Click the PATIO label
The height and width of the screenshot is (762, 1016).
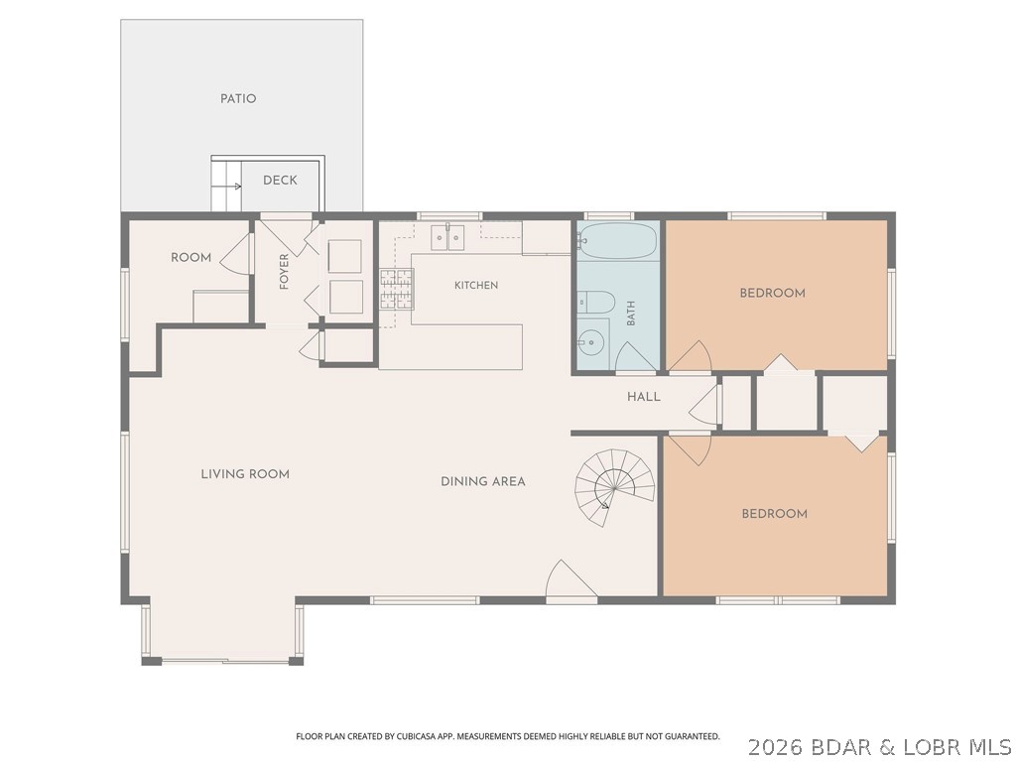pos(238,99)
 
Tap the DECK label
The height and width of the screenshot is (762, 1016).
pos(280,181)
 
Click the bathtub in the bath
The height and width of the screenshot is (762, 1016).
pos(617,241)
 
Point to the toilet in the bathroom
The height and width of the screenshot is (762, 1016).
pos(595,303)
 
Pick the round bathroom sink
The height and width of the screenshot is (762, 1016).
pos(590,342)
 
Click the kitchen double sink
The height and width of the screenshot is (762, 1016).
pos(448,238)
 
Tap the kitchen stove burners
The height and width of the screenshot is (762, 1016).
pos(397,289)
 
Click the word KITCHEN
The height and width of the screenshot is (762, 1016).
pos(476,285)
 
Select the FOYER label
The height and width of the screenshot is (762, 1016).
pos(284,272)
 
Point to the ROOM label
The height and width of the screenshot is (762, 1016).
pos(191,258)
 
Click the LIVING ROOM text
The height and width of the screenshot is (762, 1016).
pos(245,474)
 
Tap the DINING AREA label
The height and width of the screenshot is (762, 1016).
pos(483,481)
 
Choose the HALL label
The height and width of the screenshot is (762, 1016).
pos(643,397)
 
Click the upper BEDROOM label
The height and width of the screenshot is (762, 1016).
pos(772,293)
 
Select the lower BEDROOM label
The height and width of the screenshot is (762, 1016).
pos(774,514)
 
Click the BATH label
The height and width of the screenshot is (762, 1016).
pos(631,313)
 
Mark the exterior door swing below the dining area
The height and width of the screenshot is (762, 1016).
pos(571,580)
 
